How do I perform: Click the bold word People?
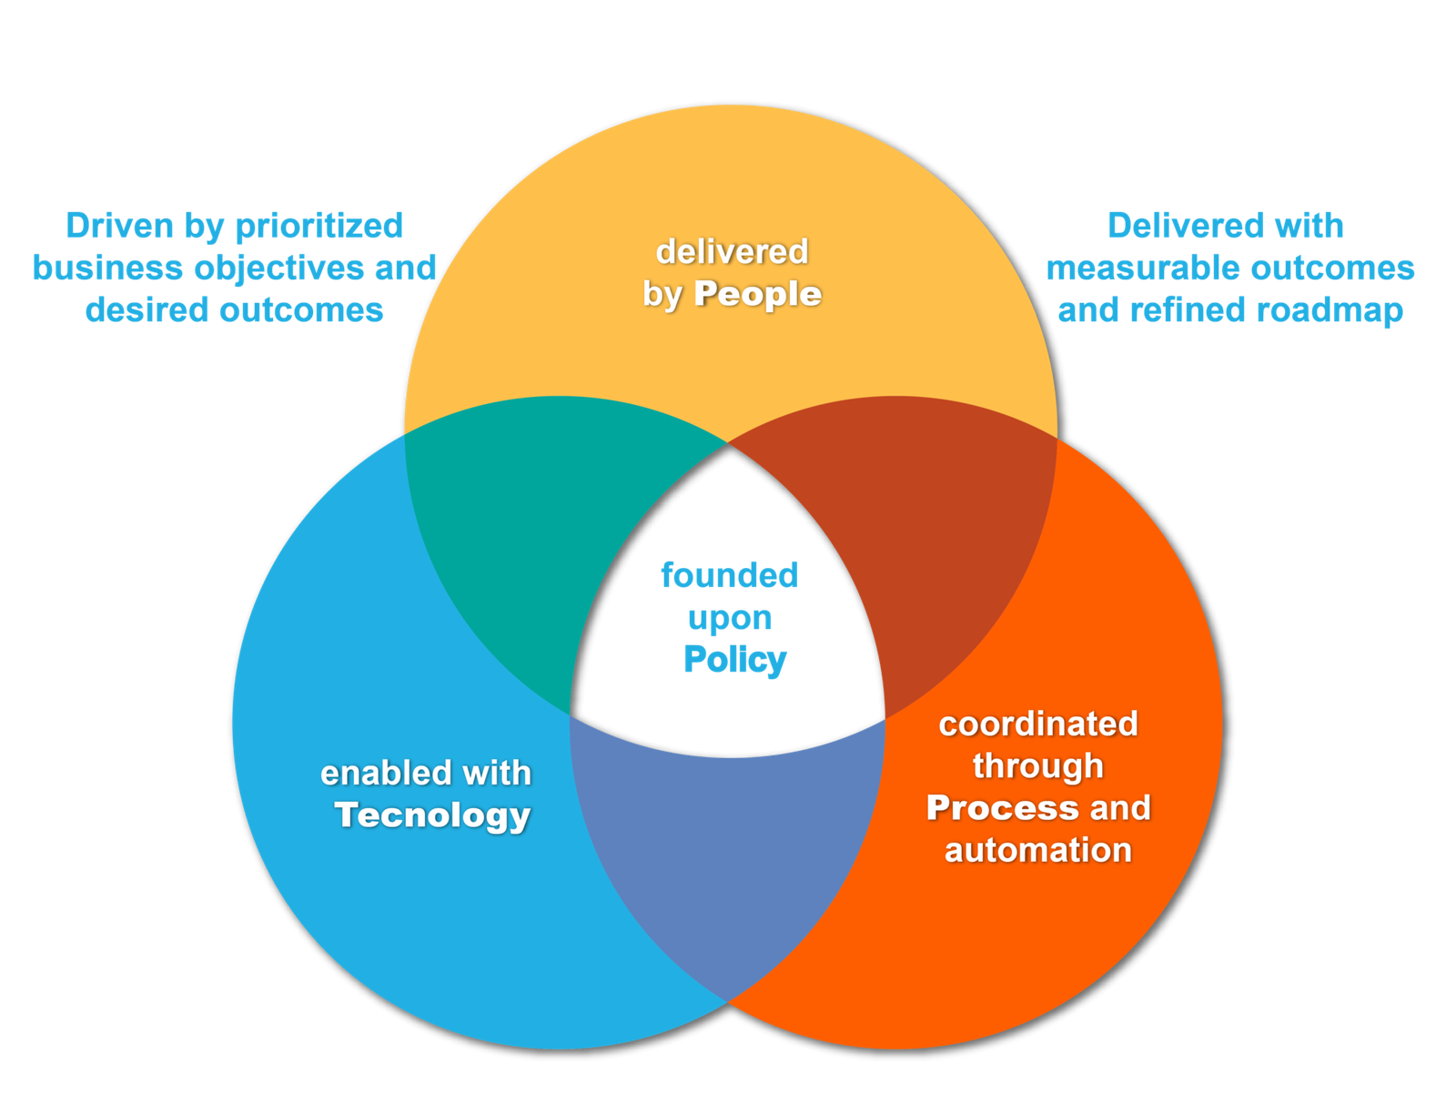tap(757, 294)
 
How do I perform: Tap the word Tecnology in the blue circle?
tap(432, 815)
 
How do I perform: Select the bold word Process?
tap(1002, 808)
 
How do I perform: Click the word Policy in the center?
tap(734, 660)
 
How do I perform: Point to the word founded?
tap(729, 575)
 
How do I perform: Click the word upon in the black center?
tap(730, 618)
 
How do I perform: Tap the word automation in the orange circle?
tap(1038, 850)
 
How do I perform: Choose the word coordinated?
tap(1038, 724)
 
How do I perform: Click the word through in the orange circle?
tap(1038, 766)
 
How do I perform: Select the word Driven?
tap(119, 226)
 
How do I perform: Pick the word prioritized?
tap(319, 226)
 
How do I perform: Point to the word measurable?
tap(1143, 268)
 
